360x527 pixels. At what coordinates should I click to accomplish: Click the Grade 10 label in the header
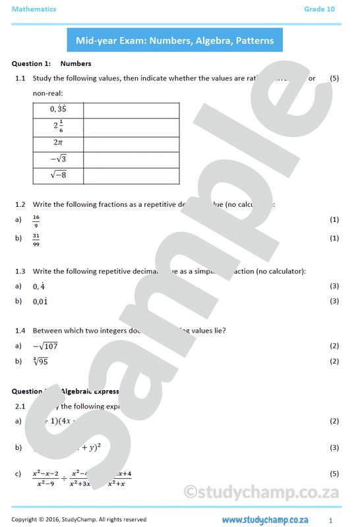pos(319,9)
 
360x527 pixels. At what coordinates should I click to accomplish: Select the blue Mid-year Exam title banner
pos(175,40)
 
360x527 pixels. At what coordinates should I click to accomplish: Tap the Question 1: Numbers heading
pos(51,64)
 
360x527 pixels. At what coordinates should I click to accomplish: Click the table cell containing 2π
pos(58,142)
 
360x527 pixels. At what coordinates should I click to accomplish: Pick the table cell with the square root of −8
pos(58,175)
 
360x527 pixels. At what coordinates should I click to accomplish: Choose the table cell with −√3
pos(58,159)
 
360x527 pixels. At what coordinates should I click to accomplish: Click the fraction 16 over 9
pos(36,219)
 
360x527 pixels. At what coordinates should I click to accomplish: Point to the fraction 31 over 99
pos(37,238)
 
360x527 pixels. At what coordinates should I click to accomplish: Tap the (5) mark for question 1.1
pos(334,78)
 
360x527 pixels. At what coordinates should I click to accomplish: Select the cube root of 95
pos(40,361)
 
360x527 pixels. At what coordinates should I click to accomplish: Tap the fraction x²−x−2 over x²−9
pos(45,478)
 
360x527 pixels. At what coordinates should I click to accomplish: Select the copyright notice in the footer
pos(78,520)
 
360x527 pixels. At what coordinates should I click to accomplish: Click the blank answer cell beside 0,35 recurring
pos(131,110)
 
